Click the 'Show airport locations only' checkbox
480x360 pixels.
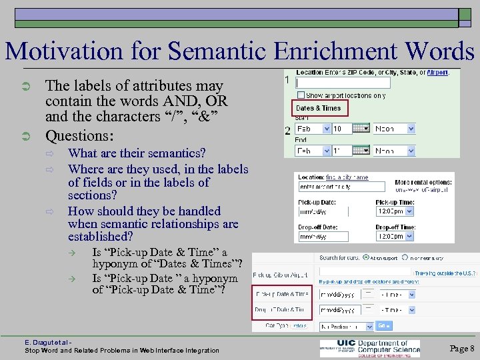pyautogui.click(x=301, y=95)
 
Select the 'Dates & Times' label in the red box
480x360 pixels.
pyautogui.click(x=318, y=108)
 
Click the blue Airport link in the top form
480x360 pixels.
pyautogui.click(x=437, y=72)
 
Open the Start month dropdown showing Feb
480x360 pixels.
pyautogui.click(x=313, y=129)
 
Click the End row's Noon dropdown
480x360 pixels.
pyautogui.click(x=393, y=151)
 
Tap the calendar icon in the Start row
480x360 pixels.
pyautogui.click(x=361, y=129)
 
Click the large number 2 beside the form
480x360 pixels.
pyautogui.click(x=287, y=131)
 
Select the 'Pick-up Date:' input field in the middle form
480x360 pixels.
pyautogui.click(x=329, y=211)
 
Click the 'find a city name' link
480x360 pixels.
pyautogui.click(x=347, y=178)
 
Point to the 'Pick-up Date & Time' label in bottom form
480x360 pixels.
pyautogui.click(x=283, y=293)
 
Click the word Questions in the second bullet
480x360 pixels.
pyautogui.click(x=75, y=136)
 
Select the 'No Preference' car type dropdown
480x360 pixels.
pyautogui.click(x=347, y=326)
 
